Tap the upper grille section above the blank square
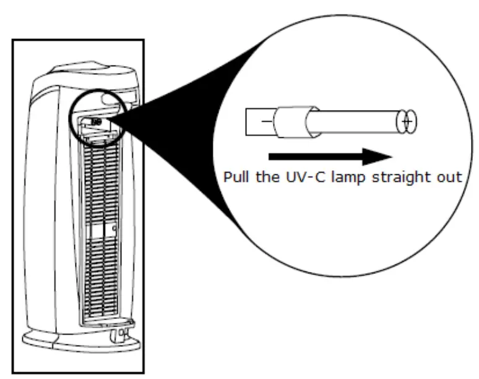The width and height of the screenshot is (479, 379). pos(99,179)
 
